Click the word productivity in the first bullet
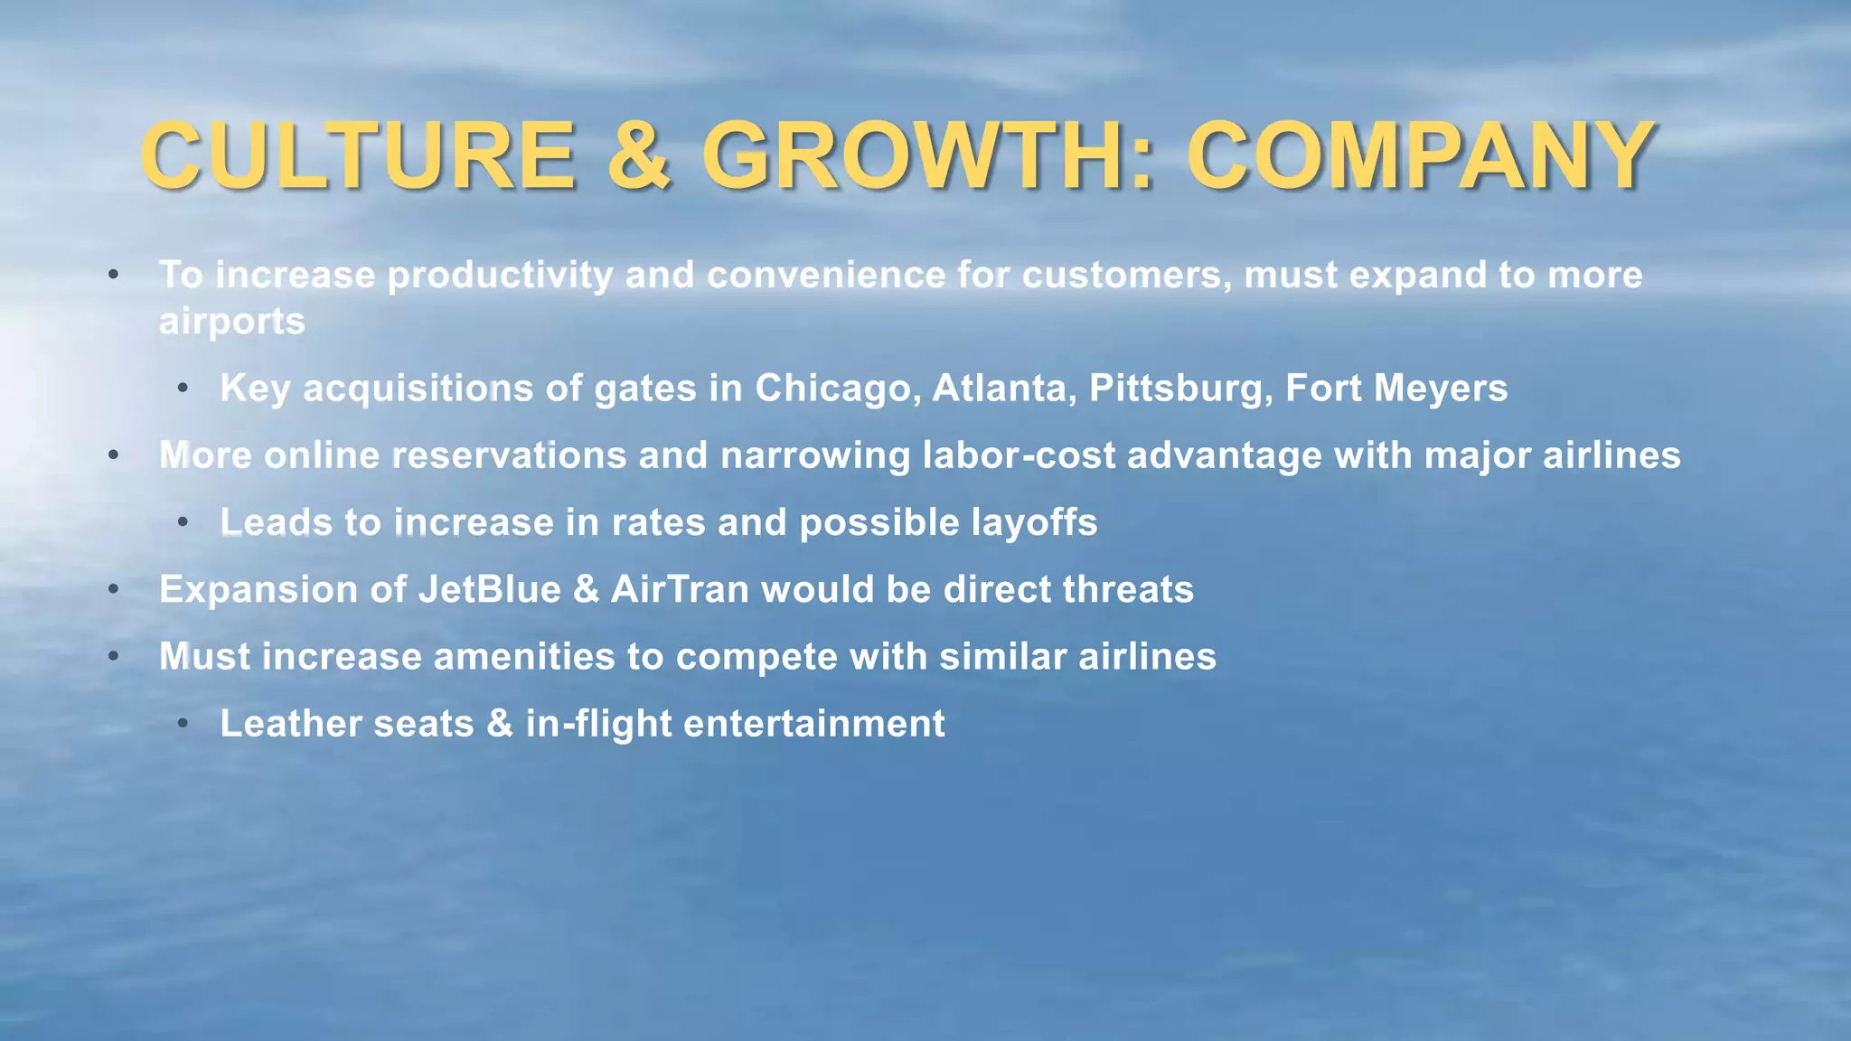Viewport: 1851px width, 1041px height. click(x=500, y=276)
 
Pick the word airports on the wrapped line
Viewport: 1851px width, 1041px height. click(x=232, y=322)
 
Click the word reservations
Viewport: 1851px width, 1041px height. click(x=509, y=455)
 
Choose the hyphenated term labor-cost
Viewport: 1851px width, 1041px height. click(x=1019, y=455)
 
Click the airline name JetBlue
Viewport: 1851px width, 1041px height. click(x=490, y=589)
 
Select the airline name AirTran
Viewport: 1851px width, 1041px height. click(x=680, y=589)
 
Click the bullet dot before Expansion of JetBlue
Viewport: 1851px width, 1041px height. click(x=114, y=589)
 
